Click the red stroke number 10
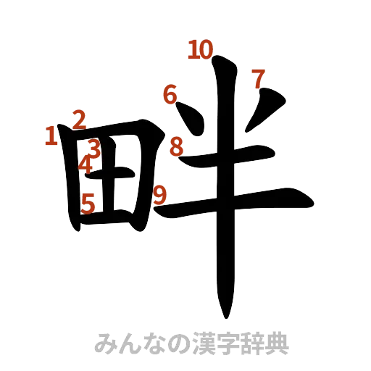coord(200,49)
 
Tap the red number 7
coord(257,77)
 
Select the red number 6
coord(170,94)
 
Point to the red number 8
coord(176,148)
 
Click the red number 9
coord(161,194)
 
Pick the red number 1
coord(50,136)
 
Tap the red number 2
coord(79,118)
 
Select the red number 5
coord(88,205)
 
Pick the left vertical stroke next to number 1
coord(70,181)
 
